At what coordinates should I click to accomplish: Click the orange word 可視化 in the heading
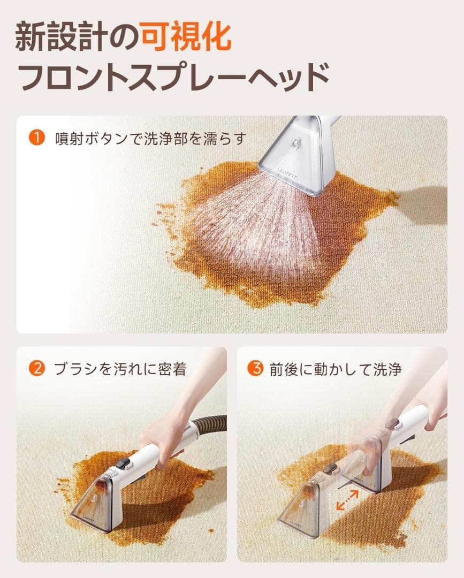[x=186, y=37]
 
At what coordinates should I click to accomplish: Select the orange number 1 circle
[x=36, y=138]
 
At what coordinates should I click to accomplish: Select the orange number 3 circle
[x=255, y=369]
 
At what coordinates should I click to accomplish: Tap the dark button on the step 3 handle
[x=393, y=424]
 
